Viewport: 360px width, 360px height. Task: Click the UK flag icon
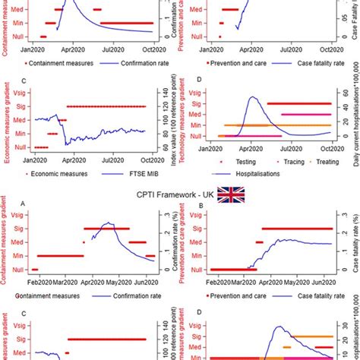click(x=229, y=195)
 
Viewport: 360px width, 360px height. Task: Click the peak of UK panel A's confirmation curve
click(x=111, y=223)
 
